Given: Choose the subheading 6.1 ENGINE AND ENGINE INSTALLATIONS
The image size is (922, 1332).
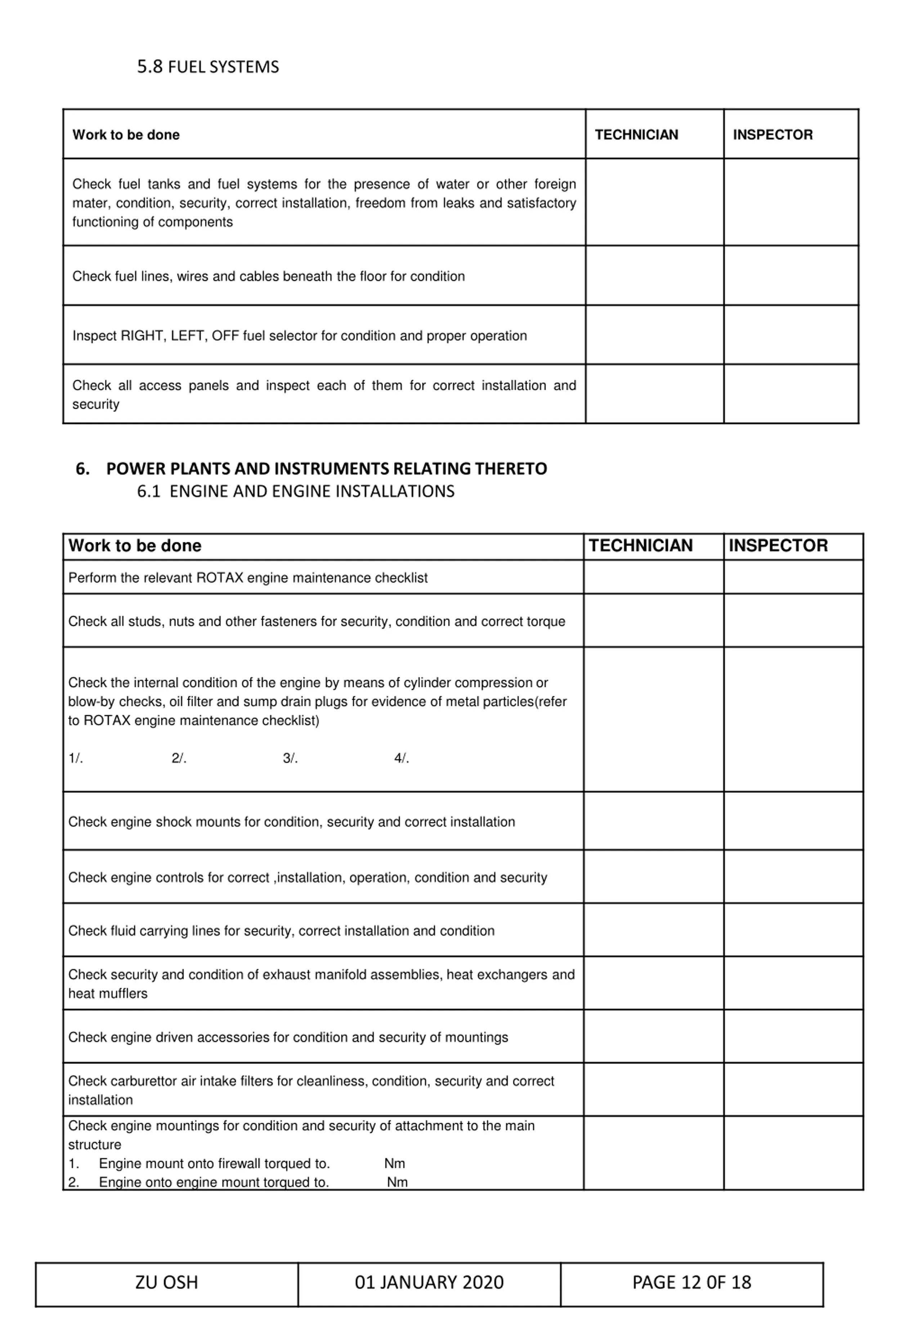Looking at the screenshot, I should [x=295, y=491].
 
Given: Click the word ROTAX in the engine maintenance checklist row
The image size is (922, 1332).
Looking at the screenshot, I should [x=220, y=578].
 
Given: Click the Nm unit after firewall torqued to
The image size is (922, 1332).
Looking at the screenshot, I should [x=395, y=1163].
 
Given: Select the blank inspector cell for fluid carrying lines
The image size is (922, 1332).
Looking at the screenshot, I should [x=793, y=930].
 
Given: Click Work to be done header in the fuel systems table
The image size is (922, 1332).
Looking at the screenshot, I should [x=126, y=135].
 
